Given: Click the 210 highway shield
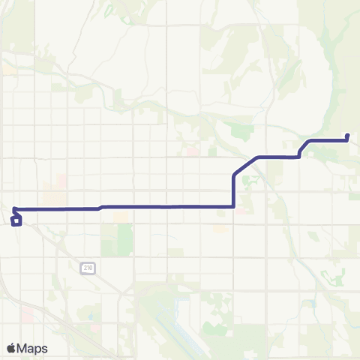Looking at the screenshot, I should (x=88, y=268).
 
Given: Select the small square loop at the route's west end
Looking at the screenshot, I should (x=16, y=220).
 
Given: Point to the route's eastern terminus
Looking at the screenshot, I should (x=348, y=136).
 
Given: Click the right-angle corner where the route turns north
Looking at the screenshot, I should (x=235, y=205).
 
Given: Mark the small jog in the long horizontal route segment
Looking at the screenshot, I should (x=100, y=207).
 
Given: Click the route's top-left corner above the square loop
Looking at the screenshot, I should (x=14, y=208).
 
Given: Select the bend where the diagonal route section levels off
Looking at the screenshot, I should (x=258, y=157).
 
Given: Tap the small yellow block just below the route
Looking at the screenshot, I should (x=120, y=216).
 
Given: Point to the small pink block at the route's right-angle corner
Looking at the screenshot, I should (x=240, y=211).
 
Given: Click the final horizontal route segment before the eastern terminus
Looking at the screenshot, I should (x=326, y=139).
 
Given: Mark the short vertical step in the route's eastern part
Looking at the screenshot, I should (x=300, y=152).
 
